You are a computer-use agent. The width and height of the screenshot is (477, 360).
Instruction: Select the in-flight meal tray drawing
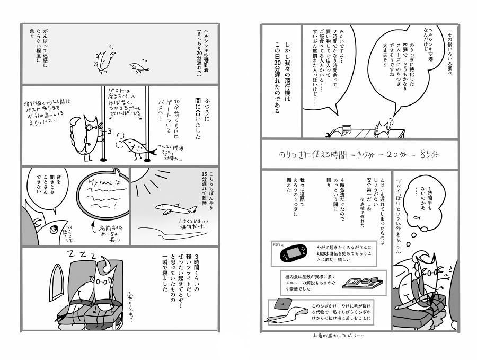point(358,282)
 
